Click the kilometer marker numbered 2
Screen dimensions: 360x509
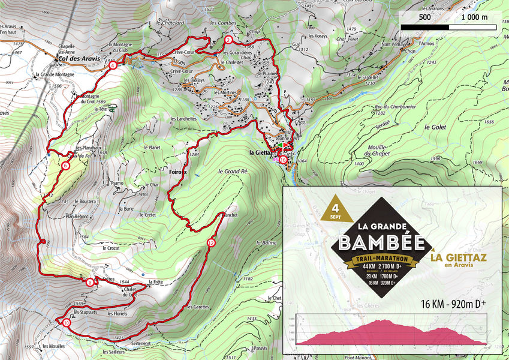[228, 41]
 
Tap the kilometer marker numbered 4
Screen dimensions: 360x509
[113, 66]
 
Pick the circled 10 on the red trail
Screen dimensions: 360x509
[66, 322]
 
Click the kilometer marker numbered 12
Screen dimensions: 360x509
[211, 243]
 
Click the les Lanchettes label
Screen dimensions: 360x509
[183, 119]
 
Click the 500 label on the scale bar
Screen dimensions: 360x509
[424, 17]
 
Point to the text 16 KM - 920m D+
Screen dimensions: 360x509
[453, 303]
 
